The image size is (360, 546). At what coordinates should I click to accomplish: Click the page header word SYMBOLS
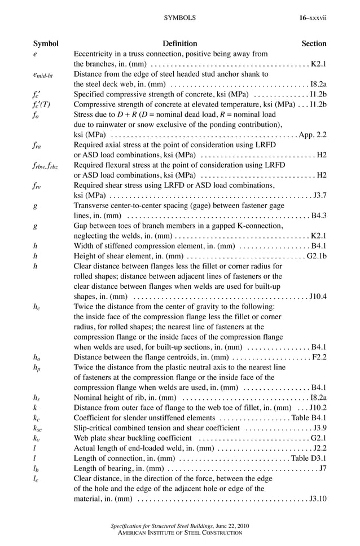[x=179, y=18]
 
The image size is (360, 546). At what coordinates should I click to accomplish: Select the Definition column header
[x=179, y=43]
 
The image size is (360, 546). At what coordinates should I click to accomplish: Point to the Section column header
[x=314, y=43]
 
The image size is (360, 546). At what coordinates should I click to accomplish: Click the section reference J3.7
[x=319, y=196]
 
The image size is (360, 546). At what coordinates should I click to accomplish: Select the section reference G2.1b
[x=317, y=256]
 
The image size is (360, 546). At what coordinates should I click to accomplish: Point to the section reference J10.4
[x=318, y=297]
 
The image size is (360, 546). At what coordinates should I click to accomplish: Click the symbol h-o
[x=37, y=358]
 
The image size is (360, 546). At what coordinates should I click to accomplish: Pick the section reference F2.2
[x=319, y=358]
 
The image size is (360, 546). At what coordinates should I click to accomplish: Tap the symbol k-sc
[x=37, y=428]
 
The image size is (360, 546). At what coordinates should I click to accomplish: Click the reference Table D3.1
[x=309, y=459]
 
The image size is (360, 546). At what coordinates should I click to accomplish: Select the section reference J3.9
[x=319, y=428]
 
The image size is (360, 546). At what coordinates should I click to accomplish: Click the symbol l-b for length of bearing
[x=36, y=469]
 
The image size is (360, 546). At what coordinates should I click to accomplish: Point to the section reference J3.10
[x=318, y=499]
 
